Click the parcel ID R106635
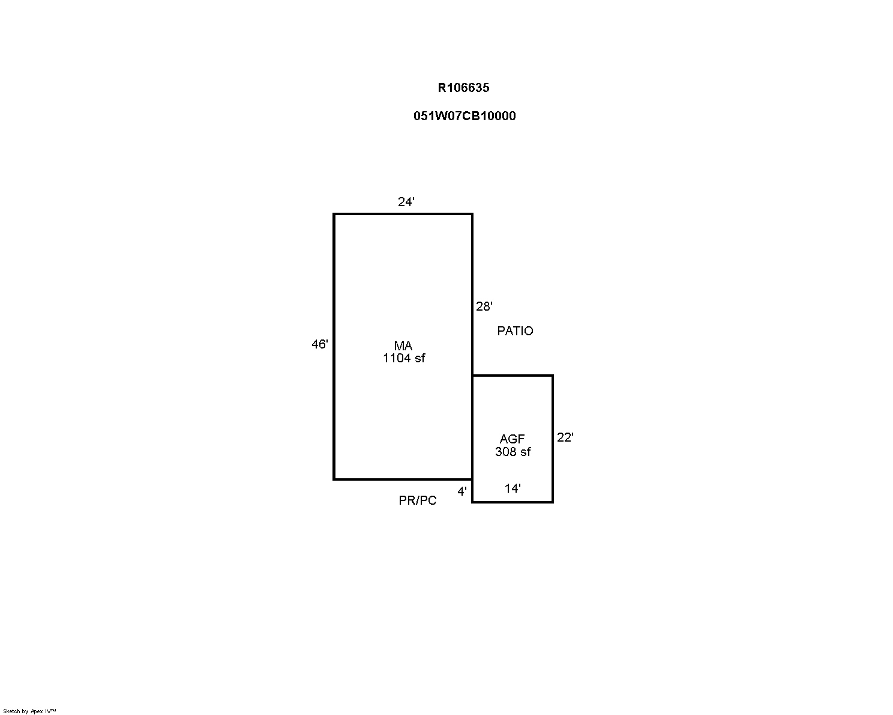tap(463, 88)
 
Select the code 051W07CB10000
tap(465, 116)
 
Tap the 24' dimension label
tap(406, 202)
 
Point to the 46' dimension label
tap(320, 344)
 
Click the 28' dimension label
tap(484, 306)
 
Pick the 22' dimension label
tap(565, 437)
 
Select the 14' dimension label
tap(513, 488)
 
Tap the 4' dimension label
tap(462, 491)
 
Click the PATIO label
tap(515, 330)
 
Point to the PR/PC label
tap(418, 500)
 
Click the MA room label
tap(403, 345)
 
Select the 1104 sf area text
tap(404, 358)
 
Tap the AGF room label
tap(512, 439)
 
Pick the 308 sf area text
tap(513, 452)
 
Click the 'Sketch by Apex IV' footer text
tap(29, 711)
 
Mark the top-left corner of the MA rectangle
tap(334, 214)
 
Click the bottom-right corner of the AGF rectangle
tap(553, 502)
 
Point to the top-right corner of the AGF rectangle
tap(553, 376)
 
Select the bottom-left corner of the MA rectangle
tap(334, 479)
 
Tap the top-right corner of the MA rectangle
tap(472, 214)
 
